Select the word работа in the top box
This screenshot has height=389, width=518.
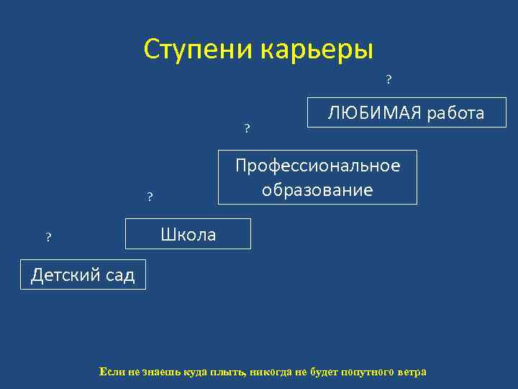click(x=455, y=113)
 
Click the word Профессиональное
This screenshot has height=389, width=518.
click(x=317, y=166)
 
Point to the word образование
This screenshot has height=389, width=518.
click(x=317, y=190)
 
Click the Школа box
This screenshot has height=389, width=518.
click(x=188, y=234)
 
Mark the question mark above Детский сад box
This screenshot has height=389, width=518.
click(x=48, y=237)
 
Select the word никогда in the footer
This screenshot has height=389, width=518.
click(x=271, y=372)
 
